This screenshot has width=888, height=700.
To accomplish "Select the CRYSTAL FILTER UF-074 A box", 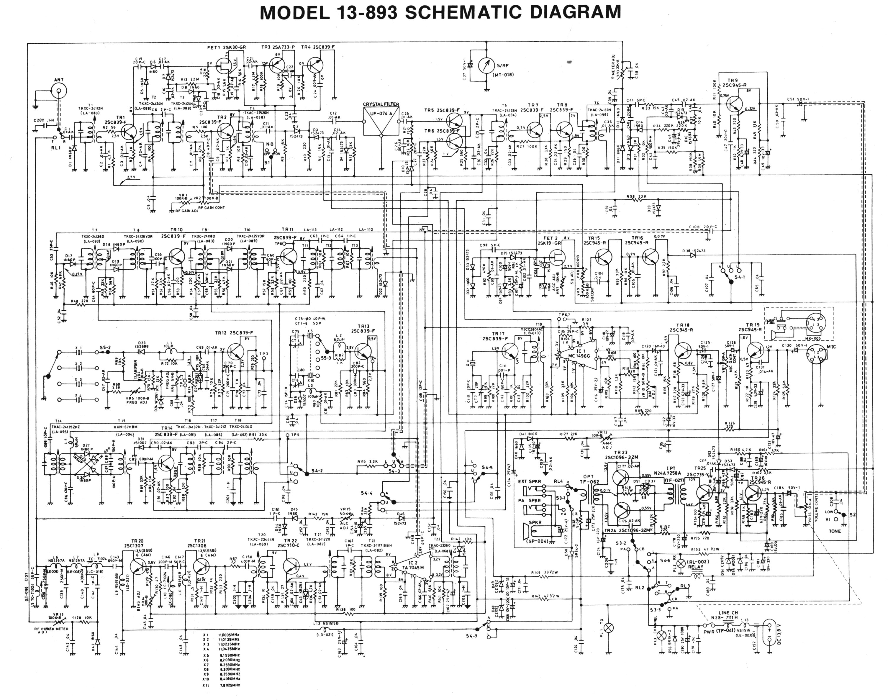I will click(381, 122).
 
